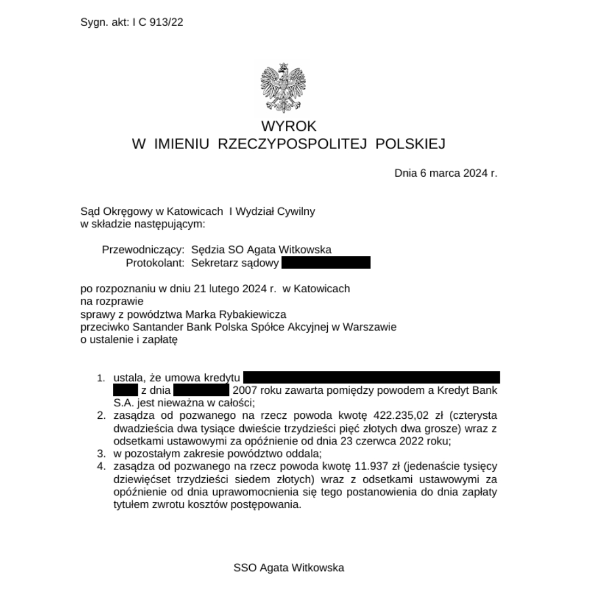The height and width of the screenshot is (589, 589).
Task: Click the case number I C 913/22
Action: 158,22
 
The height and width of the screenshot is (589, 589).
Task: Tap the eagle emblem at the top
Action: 283,87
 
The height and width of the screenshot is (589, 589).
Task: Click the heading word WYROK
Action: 289,126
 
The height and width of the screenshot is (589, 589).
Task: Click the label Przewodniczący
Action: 143,250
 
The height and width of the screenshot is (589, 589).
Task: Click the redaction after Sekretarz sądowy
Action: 326,263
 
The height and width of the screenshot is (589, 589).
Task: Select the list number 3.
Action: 100,454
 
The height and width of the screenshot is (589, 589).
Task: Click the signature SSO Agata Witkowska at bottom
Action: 289,568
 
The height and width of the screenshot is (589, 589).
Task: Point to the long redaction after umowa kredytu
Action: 371,377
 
